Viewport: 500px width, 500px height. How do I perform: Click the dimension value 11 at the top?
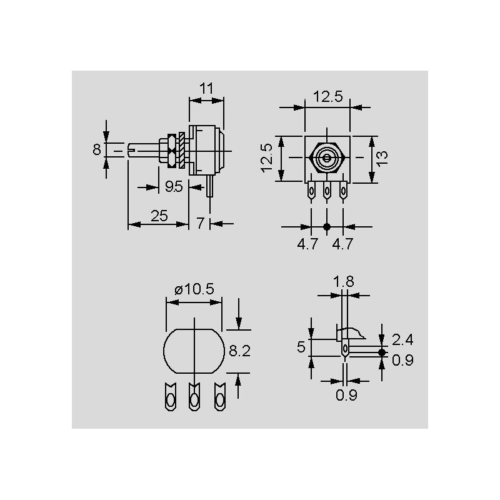(x=206, y=88)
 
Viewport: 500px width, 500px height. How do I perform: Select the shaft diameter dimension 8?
(x=97, y=149)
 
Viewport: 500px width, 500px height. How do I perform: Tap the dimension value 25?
(x=159, y=216)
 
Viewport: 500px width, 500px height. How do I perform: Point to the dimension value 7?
(x=200, y=223)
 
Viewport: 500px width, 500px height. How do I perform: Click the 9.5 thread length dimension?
(x=174, y=186)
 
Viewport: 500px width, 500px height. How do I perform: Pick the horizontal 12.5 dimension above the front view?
(x=327, y=96)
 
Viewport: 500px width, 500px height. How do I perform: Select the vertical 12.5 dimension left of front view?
(x=267, y=158)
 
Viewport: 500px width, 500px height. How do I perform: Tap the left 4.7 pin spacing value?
(x=307, y=244)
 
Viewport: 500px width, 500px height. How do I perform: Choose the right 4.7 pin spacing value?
(x=342, y=244)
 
